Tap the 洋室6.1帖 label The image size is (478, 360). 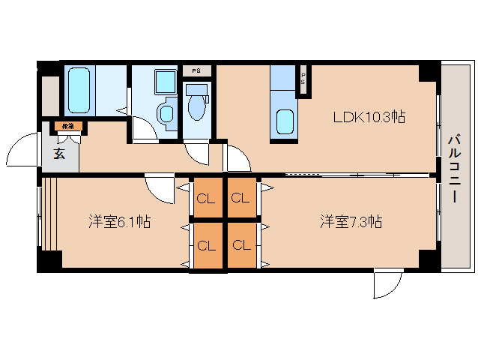(x=119, y=222)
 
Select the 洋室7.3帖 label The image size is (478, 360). (x=351, y=222)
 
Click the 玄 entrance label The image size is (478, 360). (x=58, y=155)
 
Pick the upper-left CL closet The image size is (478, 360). (x=206, y=199)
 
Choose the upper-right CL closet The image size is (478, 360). (x=240, y=199)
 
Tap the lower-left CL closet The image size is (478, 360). (x=206, y=245)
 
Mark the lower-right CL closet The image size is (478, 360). (x=240, y=245)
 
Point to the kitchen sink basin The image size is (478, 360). (x=284, y=120)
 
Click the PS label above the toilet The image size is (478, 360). (x=196, y=70)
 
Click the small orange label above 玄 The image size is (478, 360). (x=68, y=127)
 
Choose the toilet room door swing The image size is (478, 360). (x=197, y=152)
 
